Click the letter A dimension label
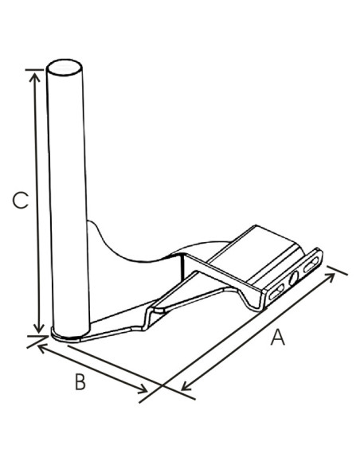point(276,338)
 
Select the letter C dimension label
point(21,201)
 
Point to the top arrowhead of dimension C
point(34,74)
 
